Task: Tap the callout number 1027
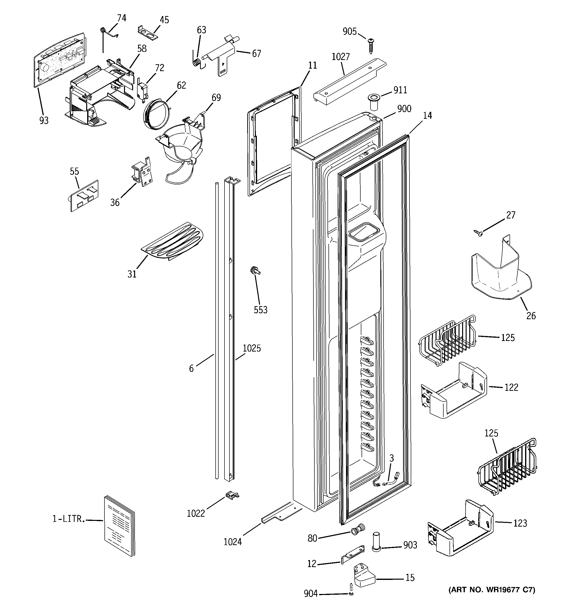pyautogui.click(x=341, y=57)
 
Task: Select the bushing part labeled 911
pyautogui.click(x=374, y=102)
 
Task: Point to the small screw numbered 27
pyautogui.click(x=479, y=234)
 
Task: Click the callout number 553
pyautogui.click(x=261, y=310)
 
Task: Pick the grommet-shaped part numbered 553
pyautogui.click(x=255, y=271)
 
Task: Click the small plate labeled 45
pyautogui.click(x=148, y=33)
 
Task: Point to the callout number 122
pyautogui.click(x=511, y=387)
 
